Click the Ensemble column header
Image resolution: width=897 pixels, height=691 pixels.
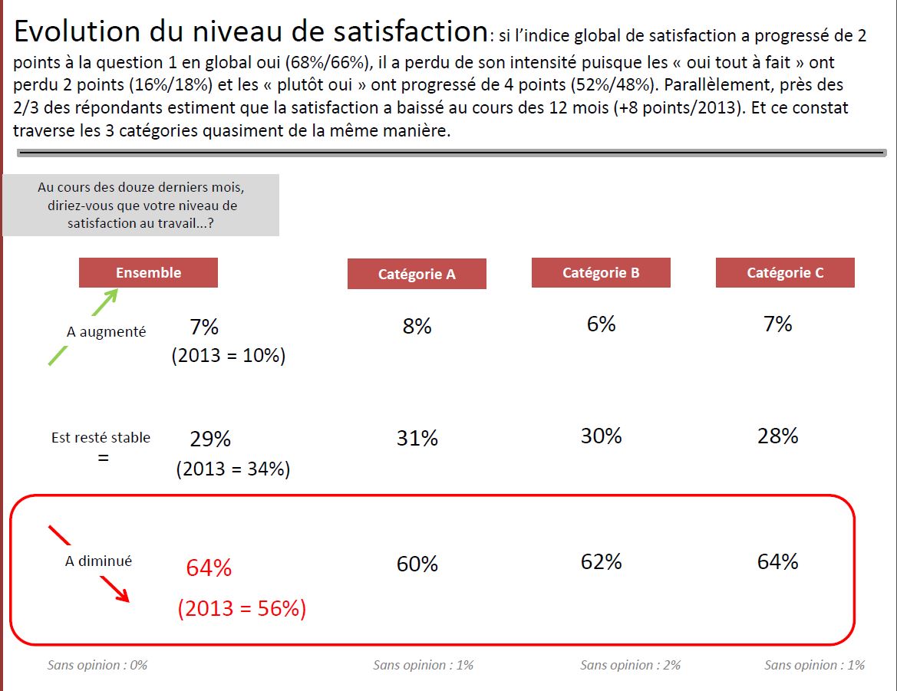(x=148, y=272)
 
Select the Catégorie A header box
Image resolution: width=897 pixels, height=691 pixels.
(x=417, y=274)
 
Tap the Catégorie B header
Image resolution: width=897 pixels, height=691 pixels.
(x=601, y=272)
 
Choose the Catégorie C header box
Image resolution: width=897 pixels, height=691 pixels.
(x=785, y=272)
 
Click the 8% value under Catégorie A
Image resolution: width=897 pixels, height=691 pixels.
(x=417, y=326)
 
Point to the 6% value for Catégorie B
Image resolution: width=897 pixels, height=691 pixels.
(x=601, y=324)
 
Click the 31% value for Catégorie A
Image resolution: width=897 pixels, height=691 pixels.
(x=417, y=438)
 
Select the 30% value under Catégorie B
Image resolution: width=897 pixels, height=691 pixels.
(x=601, y=436)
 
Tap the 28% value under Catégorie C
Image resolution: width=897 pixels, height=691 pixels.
(x=777, y=436)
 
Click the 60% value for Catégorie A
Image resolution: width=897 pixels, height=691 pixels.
(x=417, y=564)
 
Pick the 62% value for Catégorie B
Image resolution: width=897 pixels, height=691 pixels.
(x=601, y=561)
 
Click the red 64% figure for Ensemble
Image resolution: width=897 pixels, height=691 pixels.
(x=209, y=568)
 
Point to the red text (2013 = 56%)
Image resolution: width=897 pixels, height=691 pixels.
(x=242, y=608)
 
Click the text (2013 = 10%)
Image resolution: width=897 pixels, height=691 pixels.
(x=228, y=356)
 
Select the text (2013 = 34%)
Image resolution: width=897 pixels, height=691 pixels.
(x=232, y=469)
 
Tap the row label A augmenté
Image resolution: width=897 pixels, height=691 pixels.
(x=106, y=332)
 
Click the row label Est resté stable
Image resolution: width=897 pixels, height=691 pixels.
(x=101, y=437)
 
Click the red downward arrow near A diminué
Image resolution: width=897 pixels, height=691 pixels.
(x=114, y=591)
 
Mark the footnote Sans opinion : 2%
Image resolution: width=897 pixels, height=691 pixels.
(x=630, y=665)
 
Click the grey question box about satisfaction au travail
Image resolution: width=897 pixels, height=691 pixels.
(x=140, y=206)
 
